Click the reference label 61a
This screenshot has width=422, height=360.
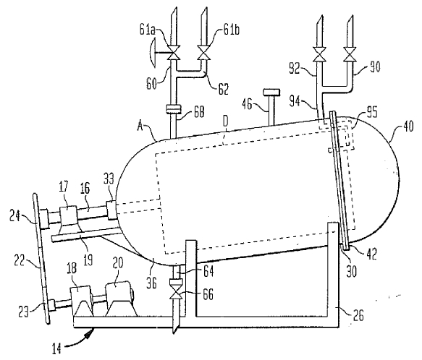(x=148, y=29)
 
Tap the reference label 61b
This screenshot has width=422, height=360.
(x=231, y=30)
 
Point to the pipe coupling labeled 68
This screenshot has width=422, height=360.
(x=174, y=109)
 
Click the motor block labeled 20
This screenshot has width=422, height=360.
(x=119, y=299)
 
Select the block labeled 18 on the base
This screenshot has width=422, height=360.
(x=82, y=301)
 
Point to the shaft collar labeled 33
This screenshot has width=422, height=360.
(x=111, y=210)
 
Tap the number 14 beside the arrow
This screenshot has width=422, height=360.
(x=56, y=348)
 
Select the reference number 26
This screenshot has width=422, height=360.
(x=358, y=314)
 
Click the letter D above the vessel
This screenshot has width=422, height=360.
(x=226, y=121)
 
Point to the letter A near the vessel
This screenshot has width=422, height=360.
(x=140, y=126)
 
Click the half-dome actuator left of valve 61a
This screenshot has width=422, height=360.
(x=153, y=52)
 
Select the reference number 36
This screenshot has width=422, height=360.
(x=151, y=283)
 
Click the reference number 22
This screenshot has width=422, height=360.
(x=20, y=260)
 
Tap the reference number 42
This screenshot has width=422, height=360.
(x=371, y=253)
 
